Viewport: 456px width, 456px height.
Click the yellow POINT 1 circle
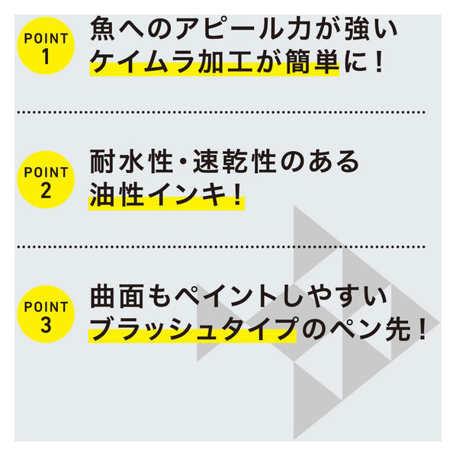coord(46,46)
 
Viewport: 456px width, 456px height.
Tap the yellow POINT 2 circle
coord(46,179)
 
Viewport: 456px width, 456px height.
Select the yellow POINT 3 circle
coord(46,314)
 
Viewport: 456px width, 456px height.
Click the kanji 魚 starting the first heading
coord(102,28)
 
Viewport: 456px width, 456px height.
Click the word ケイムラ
coord(142,62)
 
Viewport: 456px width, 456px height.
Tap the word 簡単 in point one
coord(312,62)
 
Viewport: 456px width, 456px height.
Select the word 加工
coord(225,62)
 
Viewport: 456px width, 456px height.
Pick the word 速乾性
coord(234,162)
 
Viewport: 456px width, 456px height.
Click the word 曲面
coord(117,297)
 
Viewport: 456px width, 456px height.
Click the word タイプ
coord(259,329)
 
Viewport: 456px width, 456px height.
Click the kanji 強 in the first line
coord(357,28)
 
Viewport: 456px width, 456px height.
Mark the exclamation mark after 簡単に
coord(378,62)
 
